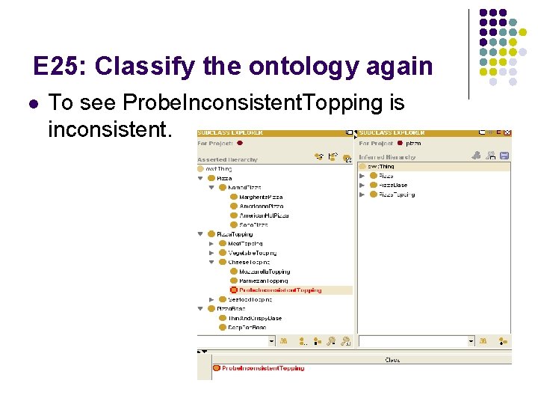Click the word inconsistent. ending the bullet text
tap(109, 129)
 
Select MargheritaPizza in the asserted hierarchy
tap(261, 197)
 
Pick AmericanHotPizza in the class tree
tap(264, 215)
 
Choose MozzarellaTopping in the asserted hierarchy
tap(265, 272)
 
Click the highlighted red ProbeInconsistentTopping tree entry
tap(280, 290)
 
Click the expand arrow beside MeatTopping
tap(211, 243)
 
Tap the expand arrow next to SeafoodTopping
tap(211, 299)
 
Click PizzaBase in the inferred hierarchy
tap(392, 186)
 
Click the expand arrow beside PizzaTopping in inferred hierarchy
tap(362, 195)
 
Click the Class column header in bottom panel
tap(392, 360)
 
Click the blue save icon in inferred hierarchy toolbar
tap(504, 156)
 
